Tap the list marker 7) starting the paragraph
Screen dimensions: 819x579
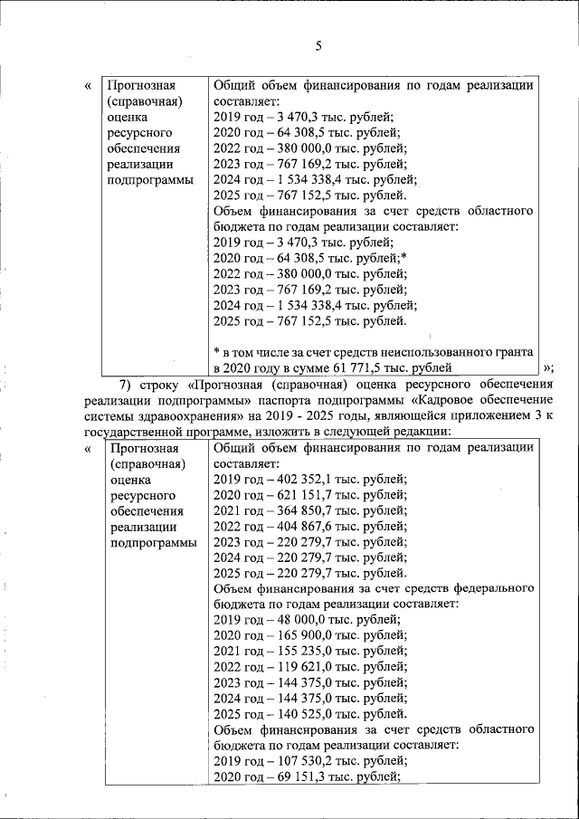[x=126, y=384]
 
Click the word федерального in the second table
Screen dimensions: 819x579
[x=493, y=588]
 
